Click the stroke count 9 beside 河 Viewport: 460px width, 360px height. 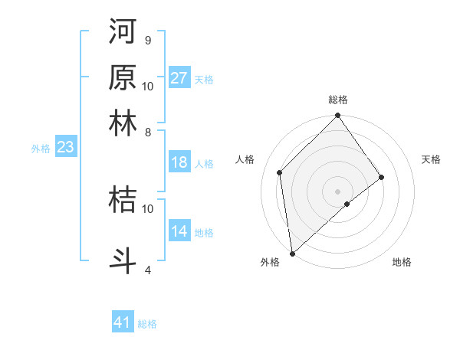pyautogui.click(x=147, y=40)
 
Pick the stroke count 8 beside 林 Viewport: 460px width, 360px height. pyautogui.click(x=147, y=132)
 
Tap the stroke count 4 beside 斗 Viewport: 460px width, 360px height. pyautogui.click(x=147, y=270)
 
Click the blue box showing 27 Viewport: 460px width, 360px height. pyautogui.click(x=179, y=78)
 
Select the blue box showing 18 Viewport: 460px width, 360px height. pyautogui.click(x=179, y=162)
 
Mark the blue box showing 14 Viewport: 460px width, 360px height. pyautogui.click(x=179, y=231)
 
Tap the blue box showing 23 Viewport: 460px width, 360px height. pyautogui.click(x=65, y=147)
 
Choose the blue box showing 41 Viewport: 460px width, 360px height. pyautogui.click(x=123, y=322)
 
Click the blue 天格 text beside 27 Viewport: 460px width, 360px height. pyautogui.click(x=204, y=80)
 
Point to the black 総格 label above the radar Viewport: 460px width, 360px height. pyautogui.click(x=338, y=100)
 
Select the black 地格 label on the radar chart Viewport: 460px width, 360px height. pyautogui.click(x=402, y=262)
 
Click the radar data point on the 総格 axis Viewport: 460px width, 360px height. pyautogui.click(x=338, y=116)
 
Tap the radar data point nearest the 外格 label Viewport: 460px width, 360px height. pyautogui.click(x=292, y=254)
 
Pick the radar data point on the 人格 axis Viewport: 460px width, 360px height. pyautogui.click(x=280, y=172)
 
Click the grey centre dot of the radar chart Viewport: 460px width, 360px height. pyautogui.click(x=338, y=191)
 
